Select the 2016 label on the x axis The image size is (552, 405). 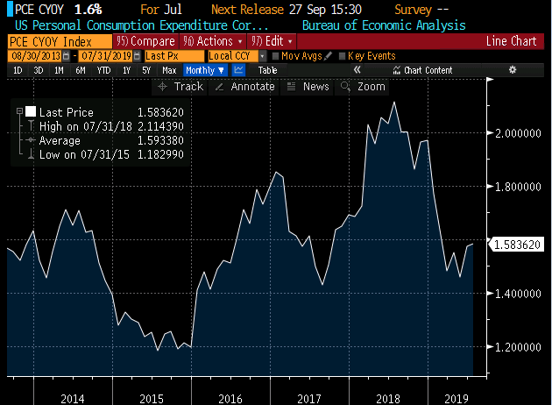(x=230, y=399)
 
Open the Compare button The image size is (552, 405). (x=146, y=41)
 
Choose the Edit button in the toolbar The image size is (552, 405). (x=272, y=41)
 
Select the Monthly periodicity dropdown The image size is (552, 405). (x=205, y=69)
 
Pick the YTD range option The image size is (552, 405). (x=103, y=69)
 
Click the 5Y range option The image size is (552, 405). (x=145, y=69)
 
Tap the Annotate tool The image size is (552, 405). (x=244, y=86)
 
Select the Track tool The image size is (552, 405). (x=180, y=86)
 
